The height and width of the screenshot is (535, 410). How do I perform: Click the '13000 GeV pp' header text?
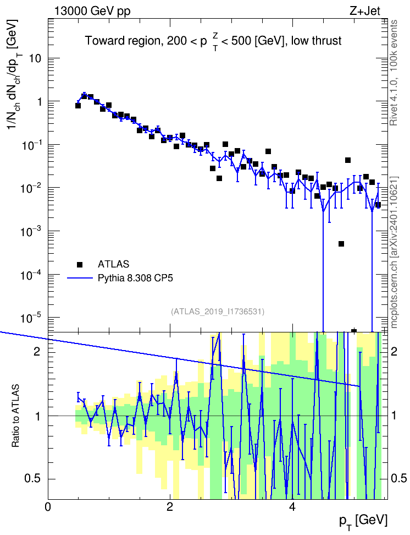pos(92,11)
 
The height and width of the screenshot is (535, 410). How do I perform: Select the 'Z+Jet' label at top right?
pos(364,11)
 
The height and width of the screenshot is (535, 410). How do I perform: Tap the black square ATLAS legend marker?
pos(80,264)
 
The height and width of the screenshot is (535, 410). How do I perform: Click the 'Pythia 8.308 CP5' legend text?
pos(135,278)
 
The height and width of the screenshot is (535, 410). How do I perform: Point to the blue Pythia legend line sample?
pos(80,278)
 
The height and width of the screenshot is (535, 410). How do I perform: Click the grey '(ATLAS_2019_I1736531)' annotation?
pos(218,312)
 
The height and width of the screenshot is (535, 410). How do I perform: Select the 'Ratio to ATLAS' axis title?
pos(15,416)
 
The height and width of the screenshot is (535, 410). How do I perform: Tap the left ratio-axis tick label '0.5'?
pos(32,479)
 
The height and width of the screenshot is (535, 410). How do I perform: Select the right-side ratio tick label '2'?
pos(394,351)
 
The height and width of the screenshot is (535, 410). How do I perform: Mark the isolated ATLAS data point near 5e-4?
pos(341,244)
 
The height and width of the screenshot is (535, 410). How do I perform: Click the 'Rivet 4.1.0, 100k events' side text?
pos(394,73)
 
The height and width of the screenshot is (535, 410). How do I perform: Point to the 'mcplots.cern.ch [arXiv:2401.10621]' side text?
pos(394,252)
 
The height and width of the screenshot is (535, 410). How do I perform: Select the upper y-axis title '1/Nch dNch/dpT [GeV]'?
pos(14,74)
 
